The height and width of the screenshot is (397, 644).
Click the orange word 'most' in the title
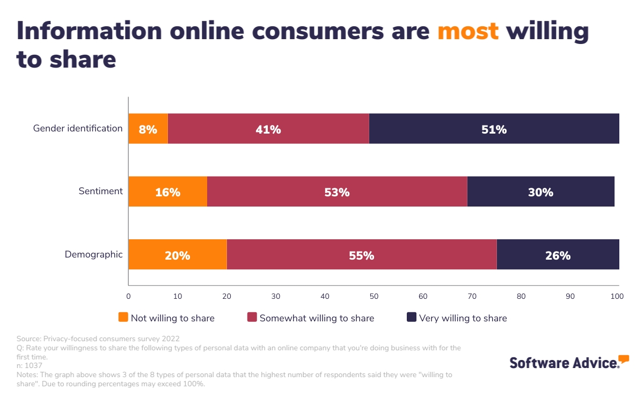coord(468,32)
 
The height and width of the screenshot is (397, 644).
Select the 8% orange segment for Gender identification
coord(148,129)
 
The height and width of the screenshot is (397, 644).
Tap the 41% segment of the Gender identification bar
coord(268,129)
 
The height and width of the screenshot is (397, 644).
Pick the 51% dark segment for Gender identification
coord(494,129)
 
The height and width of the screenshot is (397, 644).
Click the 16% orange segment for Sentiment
coord(167,192)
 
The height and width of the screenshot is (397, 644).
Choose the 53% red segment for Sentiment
coord(337,192)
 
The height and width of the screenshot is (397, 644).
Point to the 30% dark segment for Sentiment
coord(540,192)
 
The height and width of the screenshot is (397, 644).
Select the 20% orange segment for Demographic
coord(177,255)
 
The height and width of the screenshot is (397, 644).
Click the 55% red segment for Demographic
coord(361,255)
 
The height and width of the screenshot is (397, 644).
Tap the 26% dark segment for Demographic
coord(558,255)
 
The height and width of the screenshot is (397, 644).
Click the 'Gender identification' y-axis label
coord(78,128)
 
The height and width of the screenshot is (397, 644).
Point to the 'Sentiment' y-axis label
coord(100,191)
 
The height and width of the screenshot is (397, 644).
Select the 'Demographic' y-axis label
coord(93,254)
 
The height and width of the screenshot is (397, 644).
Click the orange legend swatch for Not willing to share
coord(123,318)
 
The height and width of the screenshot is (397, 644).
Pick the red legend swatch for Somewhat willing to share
coord(252,318)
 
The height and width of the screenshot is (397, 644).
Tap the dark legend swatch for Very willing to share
coord(412,318)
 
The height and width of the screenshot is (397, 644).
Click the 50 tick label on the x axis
coord(374,296)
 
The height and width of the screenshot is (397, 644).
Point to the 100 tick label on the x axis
coord(618,296)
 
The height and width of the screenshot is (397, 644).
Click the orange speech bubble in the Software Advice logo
coord(624,359)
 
